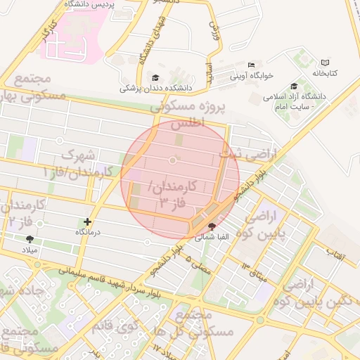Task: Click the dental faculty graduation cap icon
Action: (155, 78)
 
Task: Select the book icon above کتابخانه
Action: (324, 63)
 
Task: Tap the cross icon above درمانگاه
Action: (88, 221)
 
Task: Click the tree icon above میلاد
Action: (29, 240)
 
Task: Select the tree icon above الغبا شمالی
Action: (213, 226)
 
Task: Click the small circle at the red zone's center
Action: (173, 162)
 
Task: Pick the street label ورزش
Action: (214, 31)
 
